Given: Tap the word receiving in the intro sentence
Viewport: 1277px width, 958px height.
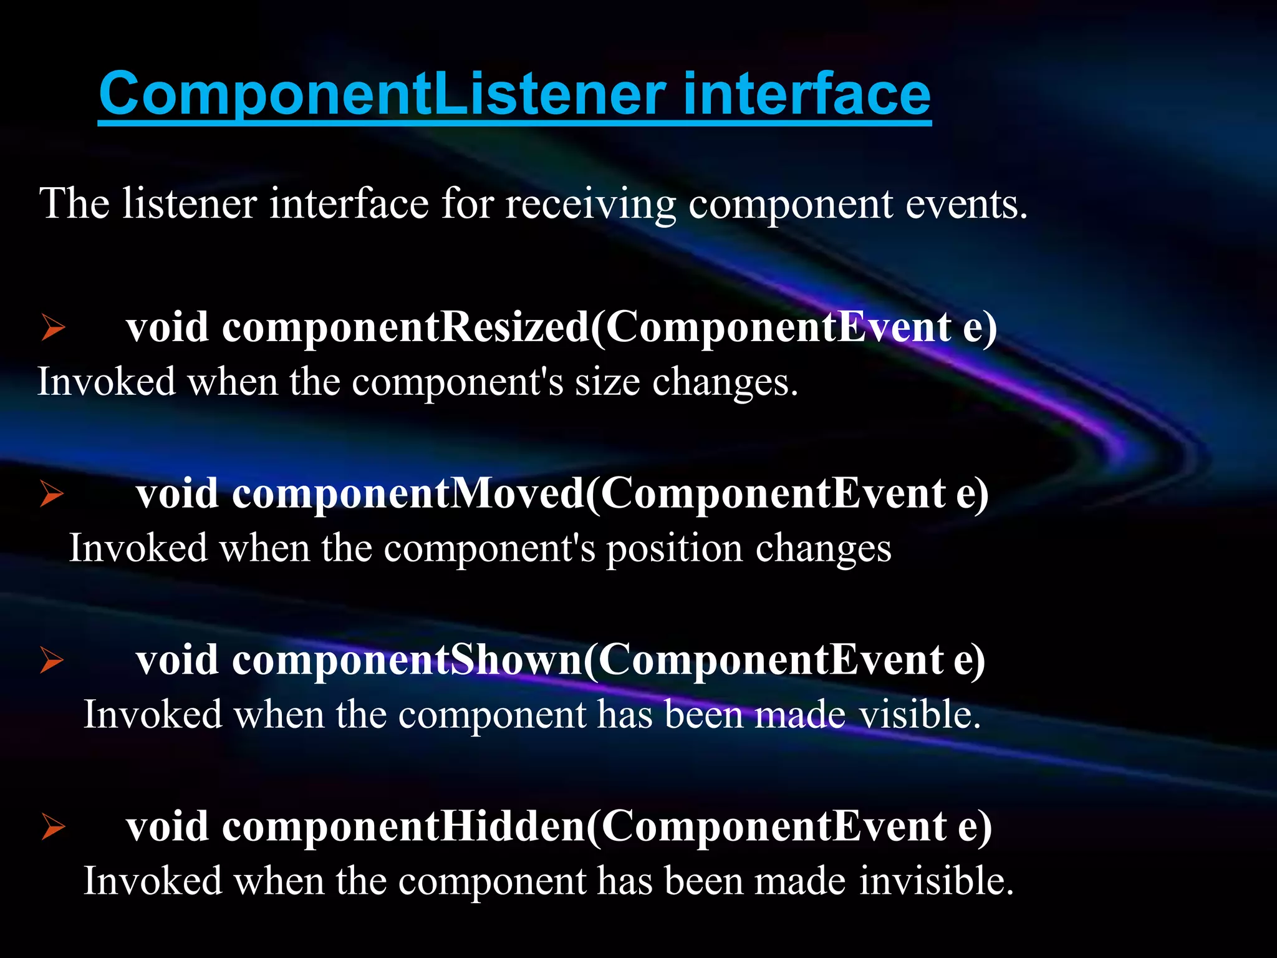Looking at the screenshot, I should (x=590, y=205).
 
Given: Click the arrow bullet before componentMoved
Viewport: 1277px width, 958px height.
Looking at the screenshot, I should (x=52, y=494).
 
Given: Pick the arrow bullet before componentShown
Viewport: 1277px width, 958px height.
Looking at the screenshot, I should (x=52, y=660).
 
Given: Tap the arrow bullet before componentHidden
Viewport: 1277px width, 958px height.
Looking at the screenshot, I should (x=54, y=827).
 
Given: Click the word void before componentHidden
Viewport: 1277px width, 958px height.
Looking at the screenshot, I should (x=167, y=827).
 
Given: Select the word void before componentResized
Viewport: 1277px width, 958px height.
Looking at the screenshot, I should (x=167, y=327).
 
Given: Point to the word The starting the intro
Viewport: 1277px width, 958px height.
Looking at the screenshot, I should (x=74, y=205).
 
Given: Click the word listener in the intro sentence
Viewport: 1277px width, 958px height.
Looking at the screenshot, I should (x=189, y=205).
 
